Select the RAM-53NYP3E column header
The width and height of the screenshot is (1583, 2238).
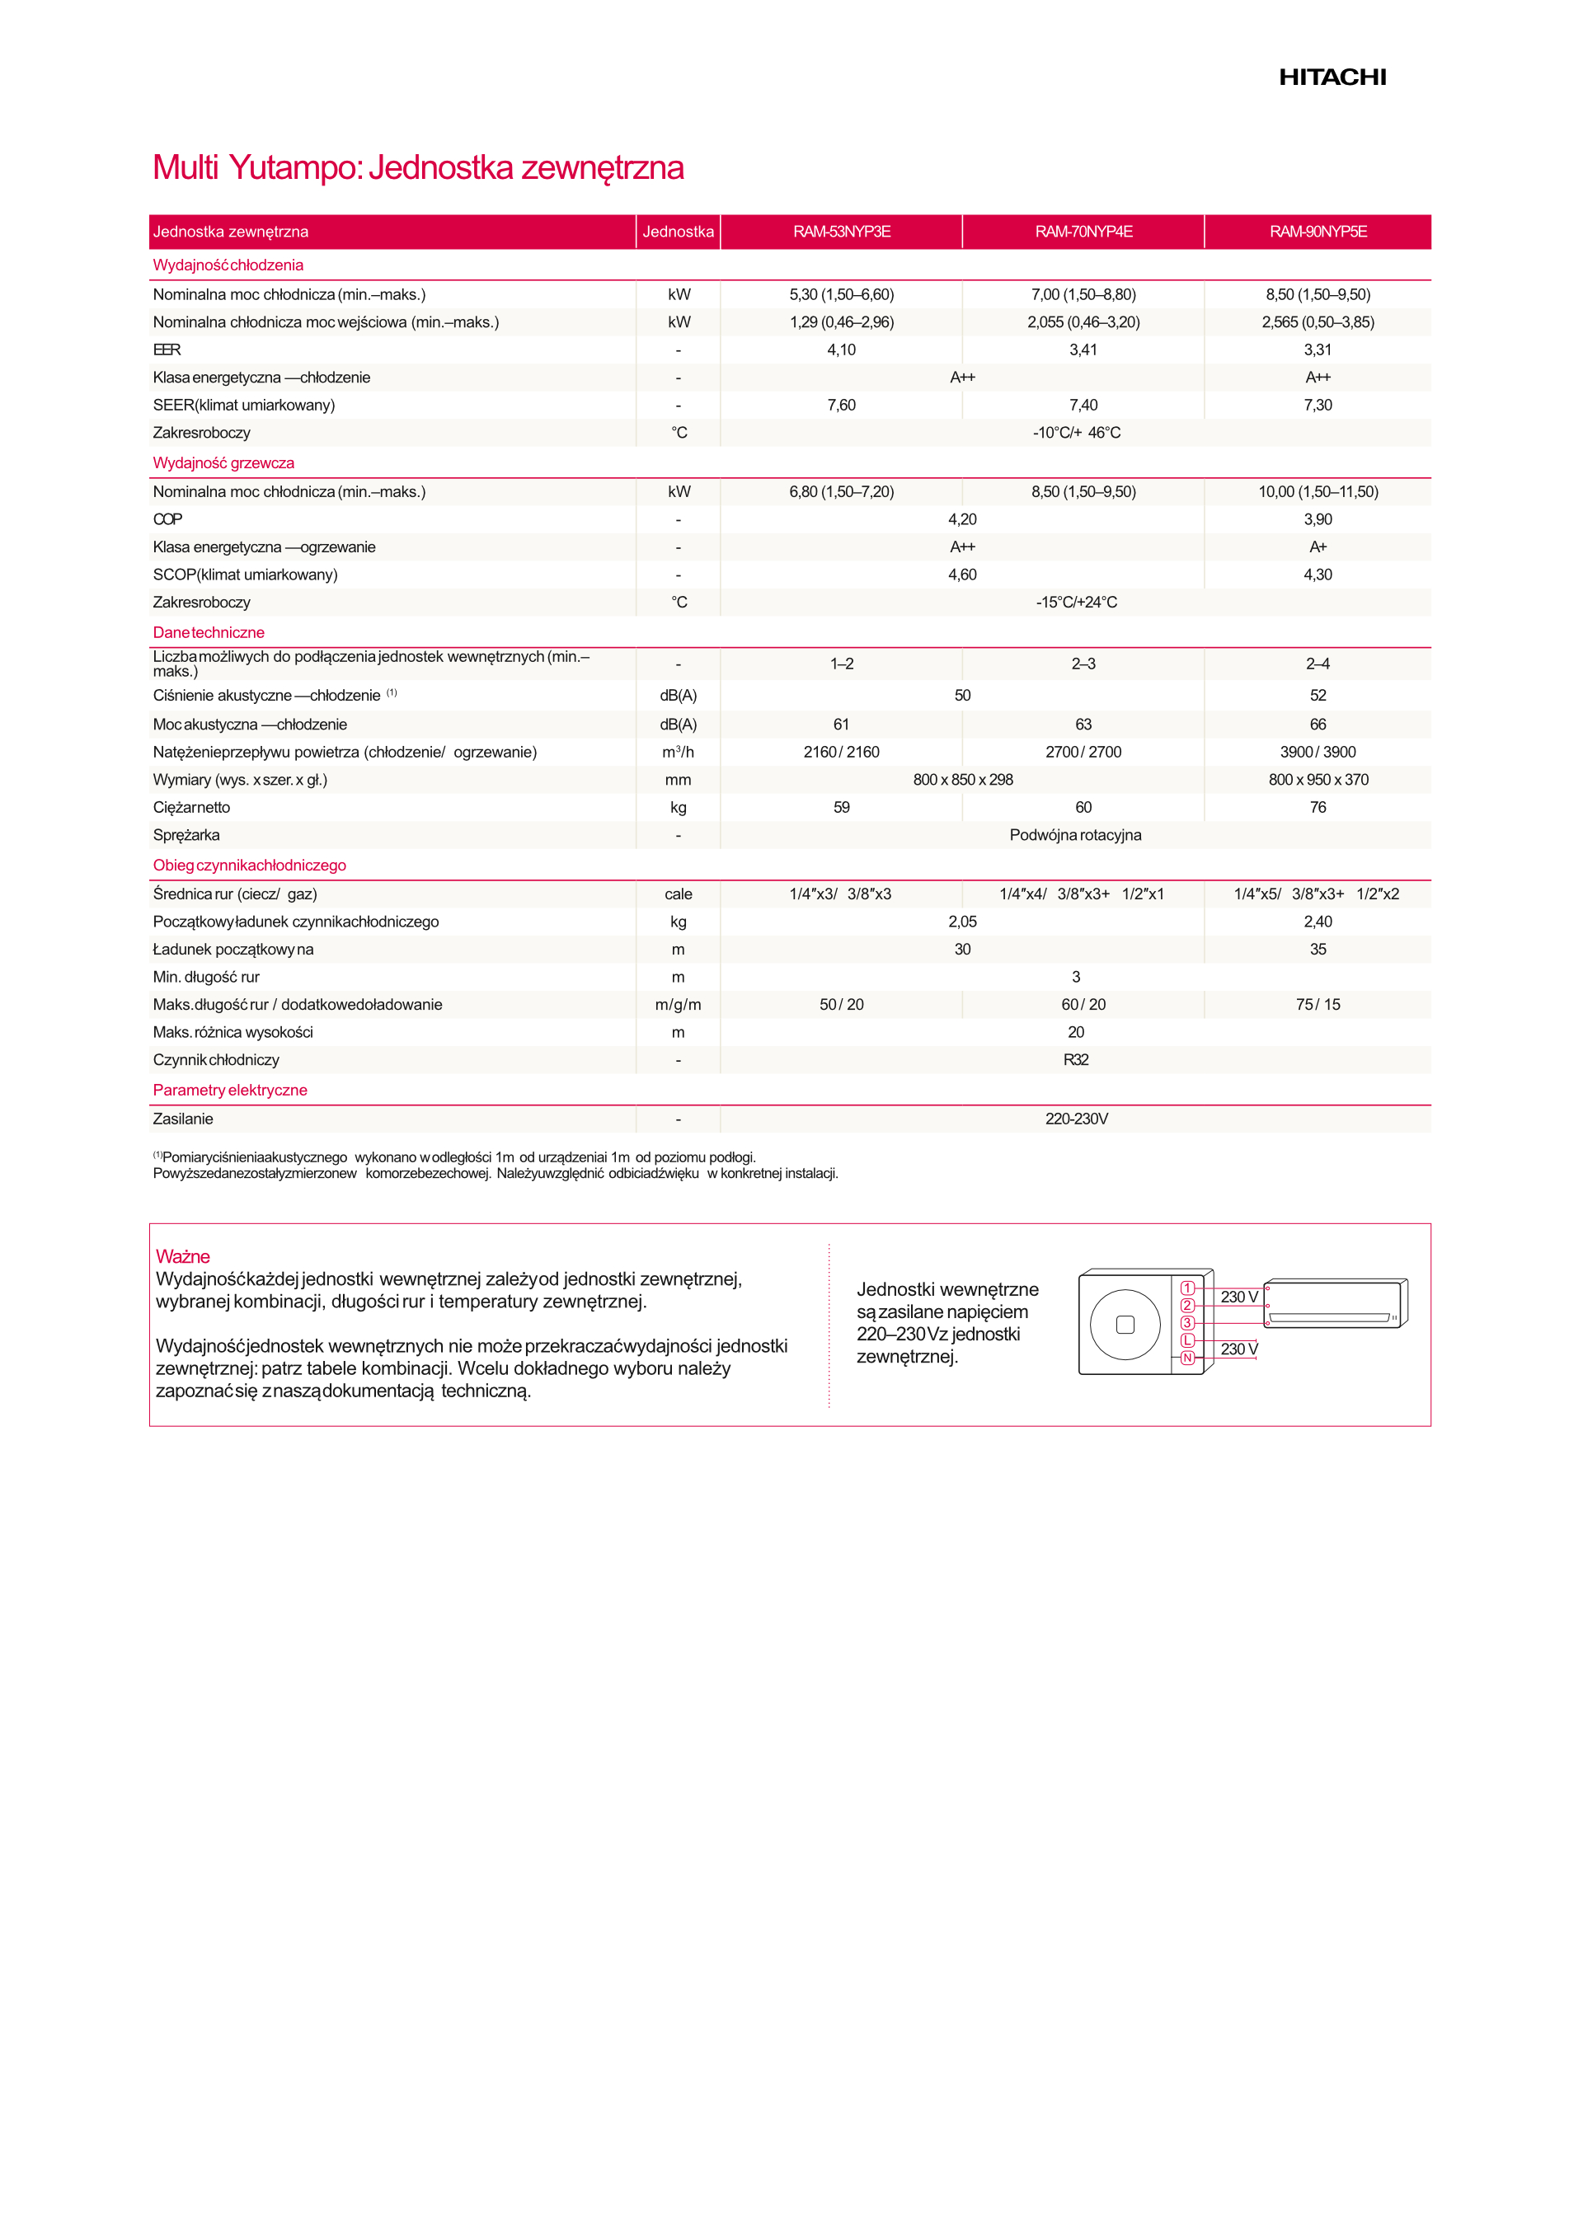tap(841, 232)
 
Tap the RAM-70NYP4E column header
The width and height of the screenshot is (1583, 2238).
tap(1083, 232)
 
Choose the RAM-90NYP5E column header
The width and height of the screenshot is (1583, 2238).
tap(1318, 232)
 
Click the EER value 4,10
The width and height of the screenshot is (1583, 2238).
tap(841, 350)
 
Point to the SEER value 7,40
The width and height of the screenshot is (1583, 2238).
tap(1083, 406)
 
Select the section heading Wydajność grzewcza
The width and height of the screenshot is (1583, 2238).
tap(223, 463)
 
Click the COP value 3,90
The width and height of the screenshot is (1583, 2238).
tap(1318, 519)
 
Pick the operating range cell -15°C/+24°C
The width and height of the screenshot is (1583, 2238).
tap(1076, 603)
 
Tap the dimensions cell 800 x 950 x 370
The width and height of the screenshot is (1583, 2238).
tap(1318, 780)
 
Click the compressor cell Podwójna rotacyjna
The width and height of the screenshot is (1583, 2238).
tap(1075, 835)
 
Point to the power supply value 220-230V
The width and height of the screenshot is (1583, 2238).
tap(1076, 1119)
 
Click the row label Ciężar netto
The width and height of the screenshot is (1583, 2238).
tap(192, 807)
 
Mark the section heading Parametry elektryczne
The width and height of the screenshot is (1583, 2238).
tap(230, 1090)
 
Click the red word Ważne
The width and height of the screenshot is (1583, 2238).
tap(182, 1256)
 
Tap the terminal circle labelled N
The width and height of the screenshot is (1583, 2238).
tap(1187, 1358)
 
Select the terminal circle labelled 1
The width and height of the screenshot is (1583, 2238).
tap(1187, 1288)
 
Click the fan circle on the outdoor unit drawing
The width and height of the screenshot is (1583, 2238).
tap(1125, 1325)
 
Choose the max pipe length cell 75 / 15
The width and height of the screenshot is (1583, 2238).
tap(1318, 1005)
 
